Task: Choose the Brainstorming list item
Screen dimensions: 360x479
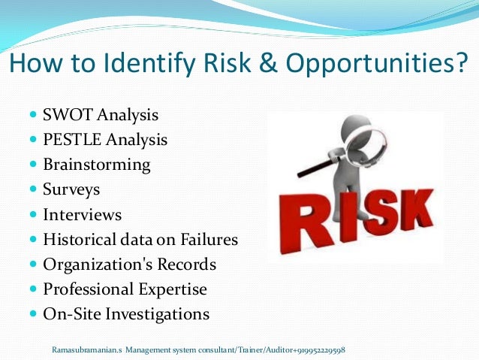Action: [96, 165]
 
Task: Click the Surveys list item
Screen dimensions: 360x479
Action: [71, 189]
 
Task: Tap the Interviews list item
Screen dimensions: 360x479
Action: [82, 214]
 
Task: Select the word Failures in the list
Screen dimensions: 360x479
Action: [208, 240]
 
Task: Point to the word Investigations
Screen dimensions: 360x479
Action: [157, 313]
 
